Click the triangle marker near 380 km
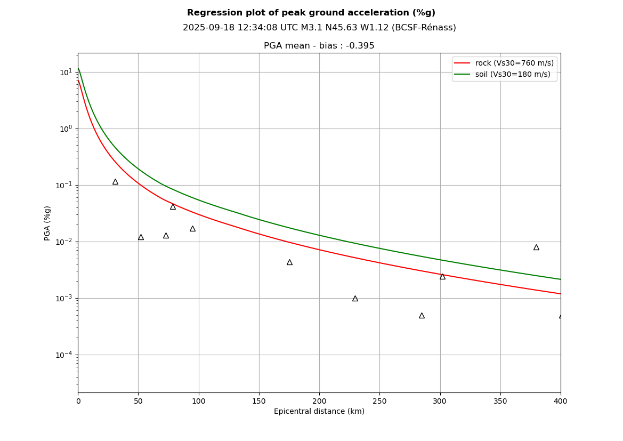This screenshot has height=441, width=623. pyautogui.click(x=536, y=247)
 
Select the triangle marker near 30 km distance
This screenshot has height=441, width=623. pyautogui.click(x=115, y=182)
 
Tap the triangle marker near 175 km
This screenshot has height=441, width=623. pyautogui.click(x=289, y=262)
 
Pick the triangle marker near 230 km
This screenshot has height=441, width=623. pyautogui.click(x=355, y=299)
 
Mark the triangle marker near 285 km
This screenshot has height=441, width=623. pyautogui.click(x=422, y=316)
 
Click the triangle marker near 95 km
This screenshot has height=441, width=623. pyautogui.click(x=192, y=229)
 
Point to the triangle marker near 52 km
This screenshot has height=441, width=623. pyautogui.click(x=141, y=237)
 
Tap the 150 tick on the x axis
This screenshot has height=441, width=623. pyautogui.click(x=259, y=401)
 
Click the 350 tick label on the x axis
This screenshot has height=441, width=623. pyautogui.click(x=500, y=401)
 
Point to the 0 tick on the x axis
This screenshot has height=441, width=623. pyautogui.click(x=78, y=401)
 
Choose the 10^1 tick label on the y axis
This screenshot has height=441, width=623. pyautogui.click(x=66, y=72)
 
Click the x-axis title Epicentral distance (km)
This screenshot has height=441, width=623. pyautogui.click(x=319, y=412)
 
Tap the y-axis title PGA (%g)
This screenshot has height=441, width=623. pyautogui.click(x=48, y=223)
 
